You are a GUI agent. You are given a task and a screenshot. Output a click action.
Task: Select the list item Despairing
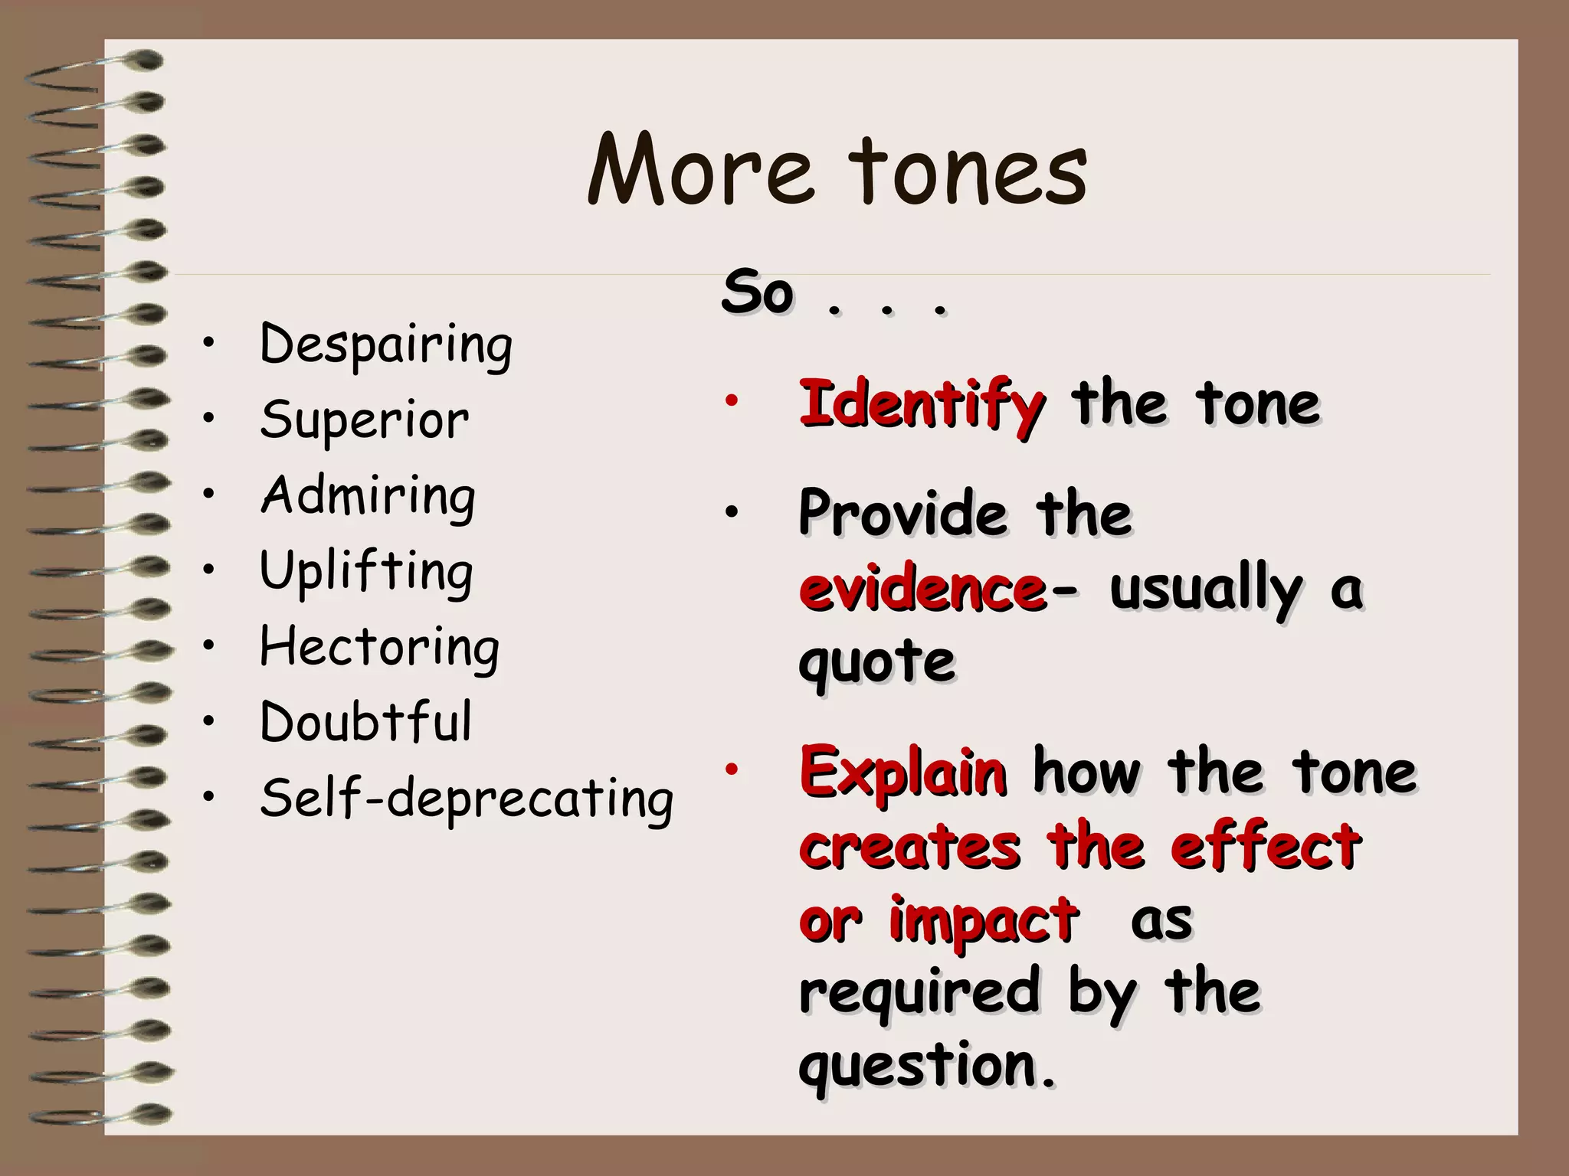pyautogui.click(x=386, y=345)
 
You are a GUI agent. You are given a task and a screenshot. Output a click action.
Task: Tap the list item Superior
pyautogui.click(x=365, y=420)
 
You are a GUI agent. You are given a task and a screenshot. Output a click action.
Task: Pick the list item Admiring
pyautogui.click(x=368, y=496)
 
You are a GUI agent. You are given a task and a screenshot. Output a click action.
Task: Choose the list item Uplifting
pyautogui.click(x=366, y=572)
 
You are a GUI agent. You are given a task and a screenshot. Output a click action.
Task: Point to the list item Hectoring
pyautogui.click(x=379, y=648)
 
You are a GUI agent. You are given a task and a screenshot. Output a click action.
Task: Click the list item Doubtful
pyautogui.click(x=365, y=722)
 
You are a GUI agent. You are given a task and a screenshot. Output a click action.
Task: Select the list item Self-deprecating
pyautogui.click(x=467, y=799)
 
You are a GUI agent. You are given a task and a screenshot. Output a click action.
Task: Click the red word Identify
pyautogui.click(x=922, y=404)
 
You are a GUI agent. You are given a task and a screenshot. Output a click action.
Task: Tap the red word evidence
pyautogui.click(x=922, y=590)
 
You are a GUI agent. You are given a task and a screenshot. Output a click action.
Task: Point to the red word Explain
pyautogui.click(x=902, y=772)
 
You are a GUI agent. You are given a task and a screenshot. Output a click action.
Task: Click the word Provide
pyautogui.click(x=902, y=513)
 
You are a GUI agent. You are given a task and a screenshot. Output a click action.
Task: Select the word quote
pyautogui.click(x=876, y=661)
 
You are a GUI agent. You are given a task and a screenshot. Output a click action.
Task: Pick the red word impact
pyautogui.click(x=984, y=920)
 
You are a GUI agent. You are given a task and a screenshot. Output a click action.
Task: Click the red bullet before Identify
pyautogui.click(x=732, y=399)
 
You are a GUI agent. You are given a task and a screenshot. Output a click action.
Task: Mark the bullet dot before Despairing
pyautogui.click(x=208, y=344)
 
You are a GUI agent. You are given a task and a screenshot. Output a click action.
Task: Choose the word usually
pyautogui.click(x=1205, y=590)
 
